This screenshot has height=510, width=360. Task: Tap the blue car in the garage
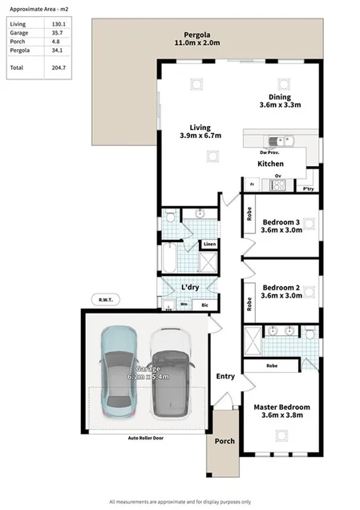[121, 374]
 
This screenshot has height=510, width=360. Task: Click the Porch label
[225, 440]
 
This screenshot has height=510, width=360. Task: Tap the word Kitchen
[270, 164]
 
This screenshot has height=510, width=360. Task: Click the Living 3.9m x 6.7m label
[200, 132]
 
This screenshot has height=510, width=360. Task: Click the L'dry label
[190, 287]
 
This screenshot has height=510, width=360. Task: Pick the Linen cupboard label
[208, 244]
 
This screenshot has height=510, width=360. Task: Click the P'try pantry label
[308, 189]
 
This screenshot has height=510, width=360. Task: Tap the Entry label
[225, 376]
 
